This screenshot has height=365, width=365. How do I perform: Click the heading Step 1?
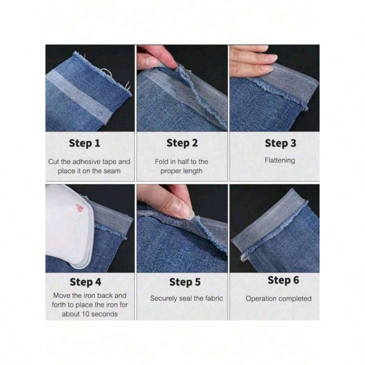(84, 143)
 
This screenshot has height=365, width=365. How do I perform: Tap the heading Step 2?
(182, 143)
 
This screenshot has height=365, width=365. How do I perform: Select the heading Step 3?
(281, 143)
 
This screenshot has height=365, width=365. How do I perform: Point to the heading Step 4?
(86, 282)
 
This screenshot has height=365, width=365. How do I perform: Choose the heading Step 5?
(185, 282)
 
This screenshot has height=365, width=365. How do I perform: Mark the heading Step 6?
(283, 280)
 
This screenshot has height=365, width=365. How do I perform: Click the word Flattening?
(280, 160)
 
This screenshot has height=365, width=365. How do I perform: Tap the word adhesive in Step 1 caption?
(88, 161)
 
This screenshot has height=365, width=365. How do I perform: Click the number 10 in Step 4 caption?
(86, 314)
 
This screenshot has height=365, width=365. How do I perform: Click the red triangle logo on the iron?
(79, 208)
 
